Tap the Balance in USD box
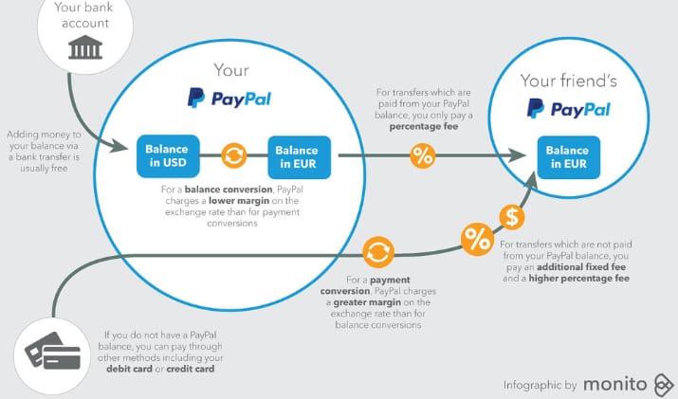[167, 156]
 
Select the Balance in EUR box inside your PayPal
[298, 156]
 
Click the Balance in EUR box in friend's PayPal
[567, 156]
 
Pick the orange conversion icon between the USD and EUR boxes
[232, 155]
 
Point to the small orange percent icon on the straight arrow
[423, 155]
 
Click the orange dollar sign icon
[512, 217]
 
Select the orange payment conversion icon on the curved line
[377, 253]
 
